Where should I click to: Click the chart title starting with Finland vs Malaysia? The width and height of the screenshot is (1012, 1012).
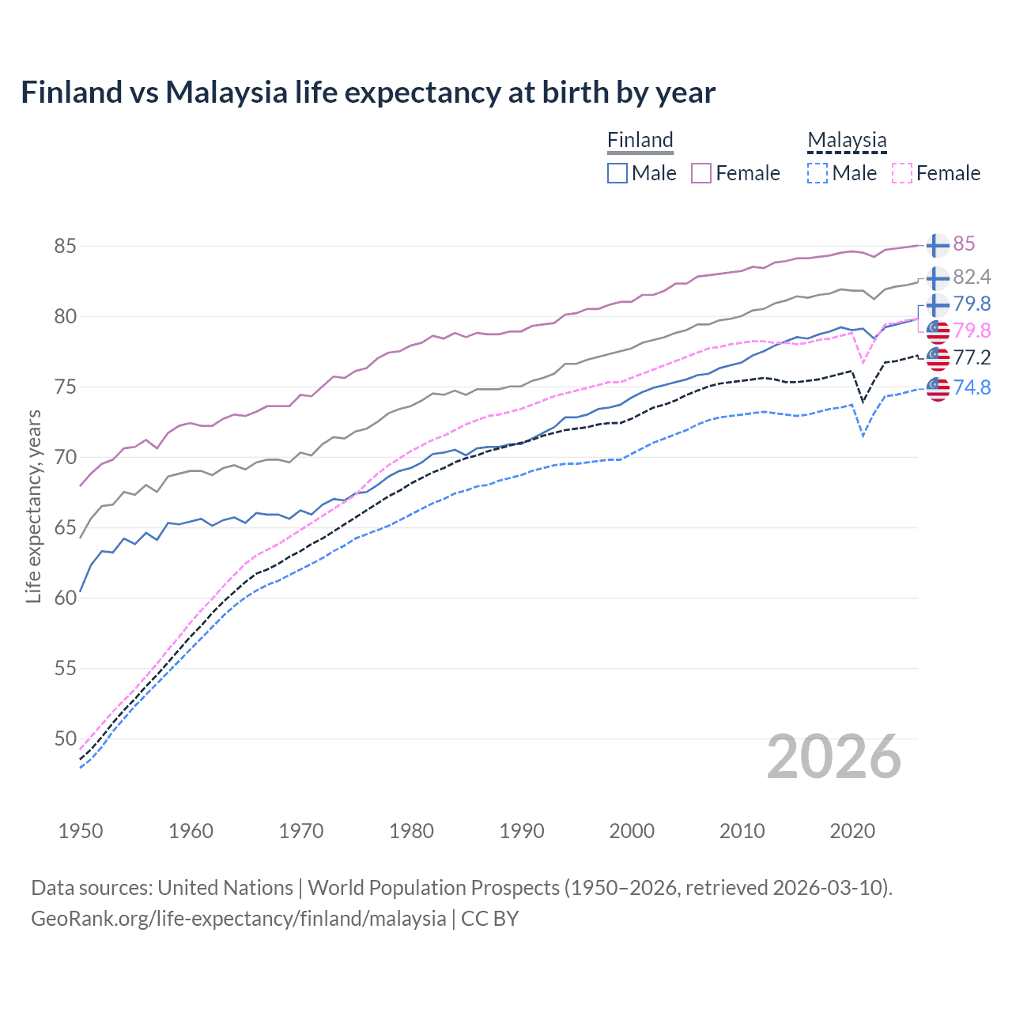point(368,93)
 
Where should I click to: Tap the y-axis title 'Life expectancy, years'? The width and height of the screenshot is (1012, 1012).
point(33,506)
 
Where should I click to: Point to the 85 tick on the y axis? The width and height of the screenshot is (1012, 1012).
point(66,246)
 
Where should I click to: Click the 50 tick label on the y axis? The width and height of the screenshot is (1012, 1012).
point(66,738)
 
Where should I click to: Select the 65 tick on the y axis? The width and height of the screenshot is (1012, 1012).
point(66,527)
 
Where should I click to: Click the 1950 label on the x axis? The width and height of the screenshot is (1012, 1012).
point(81,831)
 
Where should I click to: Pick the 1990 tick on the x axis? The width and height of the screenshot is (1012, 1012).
point(522,831)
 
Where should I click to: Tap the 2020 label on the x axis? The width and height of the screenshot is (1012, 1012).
point(852,831)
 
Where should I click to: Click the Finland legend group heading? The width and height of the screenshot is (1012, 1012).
point(640,140)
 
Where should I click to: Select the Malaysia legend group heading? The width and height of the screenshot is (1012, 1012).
point(847,140)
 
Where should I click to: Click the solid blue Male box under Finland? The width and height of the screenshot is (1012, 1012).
point(617,173)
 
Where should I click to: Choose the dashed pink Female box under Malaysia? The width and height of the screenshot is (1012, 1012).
point(902,173)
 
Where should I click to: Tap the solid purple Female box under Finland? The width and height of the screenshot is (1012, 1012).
point(701,173)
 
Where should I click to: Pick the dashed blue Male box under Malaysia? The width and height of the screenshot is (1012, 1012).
point(818,173)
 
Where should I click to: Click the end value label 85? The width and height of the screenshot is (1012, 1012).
point(964,244)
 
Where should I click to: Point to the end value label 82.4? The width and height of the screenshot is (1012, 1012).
point(972,277)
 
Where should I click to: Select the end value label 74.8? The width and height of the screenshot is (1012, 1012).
point(972,387)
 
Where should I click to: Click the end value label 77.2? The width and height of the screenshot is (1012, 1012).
point(972,357)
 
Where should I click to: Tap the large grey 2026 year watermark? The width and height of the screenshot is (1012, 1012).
point(834,757)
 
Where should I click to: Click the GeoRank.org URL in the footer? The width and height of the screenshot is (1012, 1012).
point(238,919)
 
